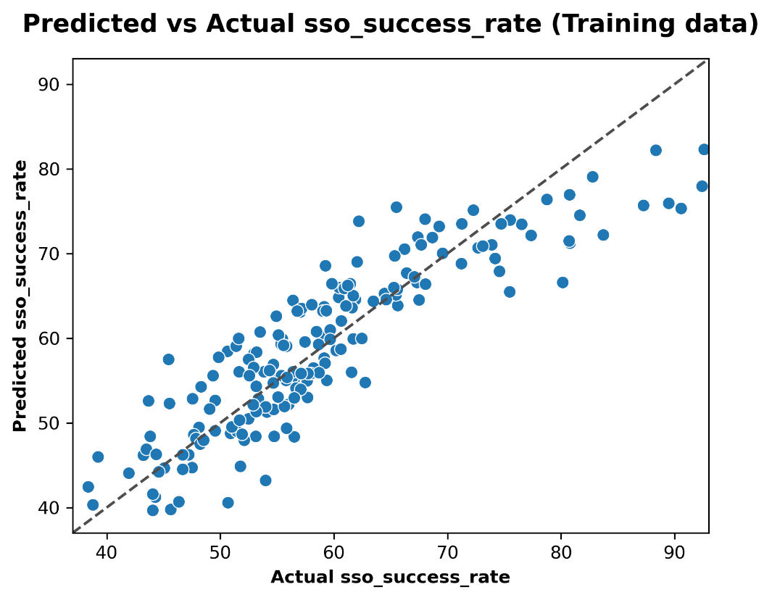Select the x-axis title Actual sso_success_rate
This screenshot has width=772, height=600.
pyautogui.click(x=390, y=578)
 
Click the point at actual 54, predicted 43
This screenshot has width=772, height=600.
pyautogui.click(x=265, y=480)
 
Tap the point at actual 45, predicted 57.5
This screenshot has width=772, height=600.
pyautogui.click(x=169, y=359)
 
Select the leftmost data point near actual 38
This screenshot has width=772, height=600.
pyautogui.click(x=88, y=487)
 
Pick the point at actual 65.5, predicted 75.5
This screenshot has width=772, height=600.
pyautogui.click(x=396, y=207)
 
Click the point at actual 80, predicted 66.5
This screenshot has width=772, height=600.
pyautogui.click(x=563, y=283)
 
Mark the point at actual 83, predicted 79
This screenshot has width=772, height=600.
pyautogui.click(x=592, y=177)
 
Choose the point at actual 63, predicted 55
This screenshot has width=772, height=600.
pyautogui.click(x=365, y=383)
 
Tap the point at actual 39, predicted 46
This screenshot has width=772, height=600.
pyautogui.click(x=98, y=457)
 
